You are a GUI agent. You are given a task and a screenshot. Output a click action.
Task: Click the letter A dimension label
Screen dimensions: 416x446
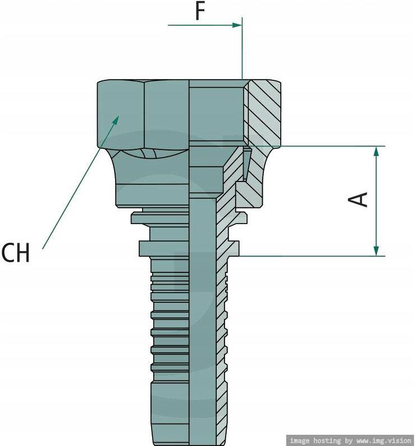point(358,199)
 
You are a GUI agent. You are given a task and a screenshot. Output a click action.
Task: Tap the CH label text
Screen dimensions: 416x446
point(15,253)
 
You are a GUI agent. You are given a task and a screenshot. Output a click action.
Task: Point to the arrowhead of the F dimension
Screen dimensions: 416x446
point(237,25)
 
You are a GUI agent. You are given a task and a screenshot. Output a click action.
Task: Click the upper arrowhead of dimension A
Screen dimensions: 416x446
point(376,151)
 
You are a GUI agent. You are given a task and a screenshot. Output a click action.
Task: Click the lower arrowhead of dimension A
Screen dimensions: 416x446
point(376,251)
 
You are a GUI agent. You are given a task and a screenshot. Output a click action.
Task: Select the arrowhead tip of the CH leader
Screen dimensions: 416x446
point(118,116)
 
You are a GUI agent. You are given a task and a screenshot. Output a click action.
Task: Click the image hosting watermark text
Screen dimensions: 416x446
point(350,440)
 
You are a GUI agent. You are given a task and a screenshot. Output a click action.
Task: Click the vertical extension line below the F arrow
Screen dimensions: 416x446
point(243,48)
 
